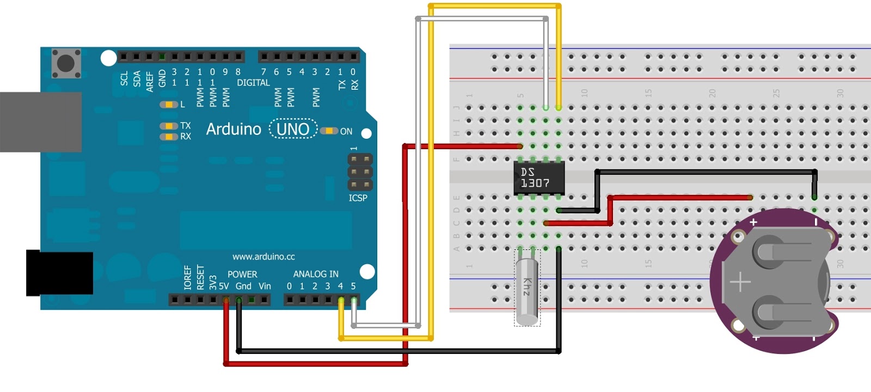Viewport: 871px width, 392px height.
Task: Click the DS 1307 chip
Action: click(539, 177)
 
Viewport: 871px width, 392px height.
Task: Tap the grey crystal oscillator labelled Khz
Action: click(527, 291)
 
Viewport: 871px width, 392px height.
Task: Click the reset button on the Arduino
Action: click(66, 63)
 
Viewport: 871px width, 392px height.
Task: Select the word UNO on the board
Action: click(293, 129)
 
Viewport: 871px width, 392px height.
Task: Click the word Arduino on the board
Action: click(234, 129)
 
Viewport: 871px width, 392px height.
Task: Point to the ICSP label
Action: click(358, 198)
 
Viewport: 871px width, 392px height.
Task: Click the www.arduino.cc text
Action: click(263, 256)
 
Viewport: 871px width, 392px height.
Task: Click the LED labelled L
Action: click(169, 105)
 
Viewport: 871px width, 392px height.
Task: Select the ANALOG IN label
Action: click(316, 274)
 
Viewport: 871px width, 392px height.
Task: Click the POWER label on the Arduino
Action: click(242, 274)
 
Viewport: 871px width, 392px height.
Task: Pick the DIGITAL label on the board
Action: click(253, 83)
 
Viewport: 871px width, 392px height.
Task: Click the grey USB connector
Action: click(40, 122)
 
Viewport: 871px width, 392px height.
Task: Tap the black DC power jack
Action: click(59, 273)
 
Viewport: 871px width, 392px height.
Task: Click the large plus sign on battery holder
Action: click(740, 283)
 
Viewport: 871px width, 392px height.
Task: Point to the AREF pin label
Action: click(150, 81)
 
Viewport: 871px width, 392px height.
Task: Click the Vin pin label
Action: click(265, 286)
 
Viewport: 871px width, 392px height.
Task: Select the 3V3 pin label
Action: click(213, 283)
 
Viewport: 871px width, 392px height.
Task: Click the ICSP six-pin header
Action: click(360, 172)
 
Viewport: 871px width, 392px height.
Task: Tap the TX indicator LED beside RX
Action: click(169, 126)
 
